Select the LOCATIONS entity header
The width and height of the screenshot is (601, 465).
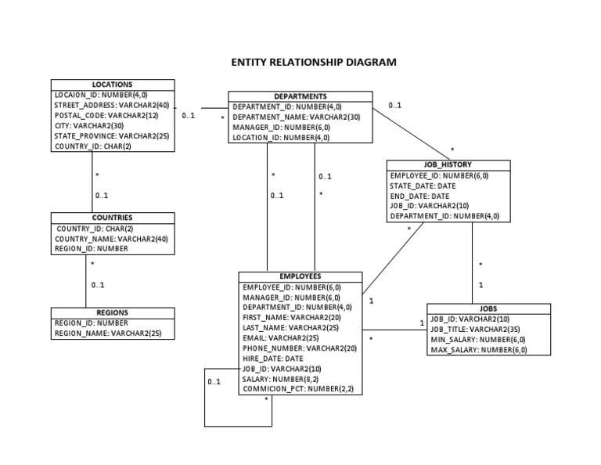coord(112,84)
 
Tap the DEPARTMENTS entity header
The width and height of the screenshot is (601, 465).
coord(300,96)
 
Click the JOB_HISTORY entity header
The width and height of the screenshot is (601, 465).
coord(448,165)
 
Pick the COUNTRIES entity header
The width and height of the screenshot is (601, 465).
coord(112,218)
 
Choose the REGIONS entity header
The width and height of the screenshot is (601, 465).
coord(112,312)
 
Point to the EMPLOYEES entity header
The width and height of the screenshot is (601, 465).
coord(300,276)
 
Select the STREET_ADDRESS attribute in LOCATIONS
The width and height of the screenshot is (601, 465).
coord(111,105)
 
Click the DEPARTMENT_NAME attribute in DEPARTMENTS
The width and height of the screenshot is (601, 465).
coord(296,117)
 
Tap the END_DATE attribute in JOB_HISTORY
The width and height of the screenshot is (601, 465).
coord(419,196)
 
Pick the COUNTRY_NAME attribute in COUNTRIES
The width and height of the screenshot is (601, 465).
coord(111,239)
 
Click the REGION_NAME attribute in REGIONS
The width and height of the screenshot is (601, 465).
coord(108,333)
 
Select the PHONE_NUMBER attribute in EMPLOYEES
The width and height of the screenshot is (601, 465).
coord(299,348)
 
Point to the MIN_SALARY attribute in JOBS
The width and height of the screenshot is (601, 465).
coord(477,340)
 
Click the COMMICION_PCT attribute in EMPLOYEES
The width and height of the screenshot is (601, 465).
coord(297,388)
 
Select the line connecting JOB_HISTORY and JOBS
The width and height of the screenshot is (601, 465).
coord(472,262)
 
